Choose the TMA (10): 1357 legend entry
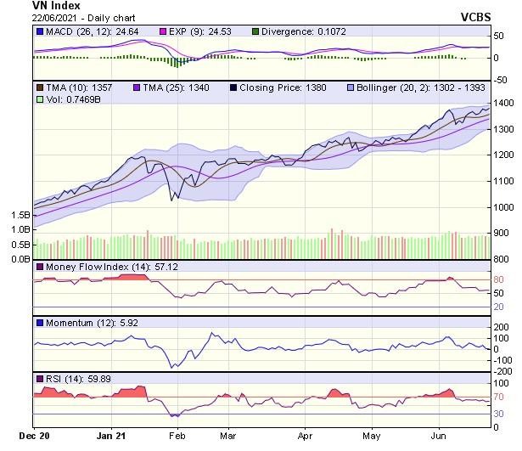[76, 87]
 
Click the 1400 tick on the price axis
[504, 103]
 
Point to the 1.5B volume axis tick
[20, 216]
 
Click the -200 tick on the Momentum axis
[504, 371]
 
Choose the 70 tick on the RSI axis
[500, 397]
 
